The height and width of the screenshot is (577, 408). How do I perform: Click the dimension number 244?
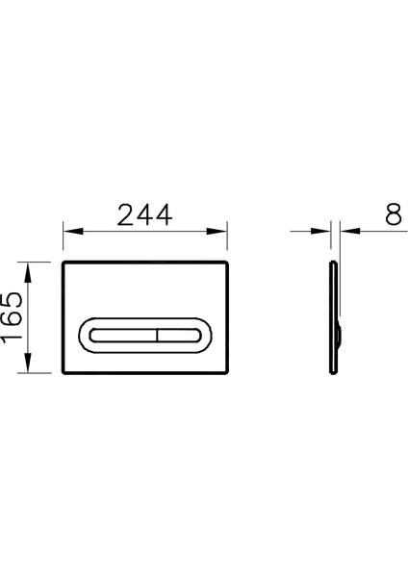point(144,216)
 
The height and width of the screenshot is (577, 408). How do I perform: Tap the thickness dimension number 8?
point(392,216)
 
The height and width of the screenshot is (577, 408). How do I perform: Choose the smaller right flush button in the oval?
point(177,336)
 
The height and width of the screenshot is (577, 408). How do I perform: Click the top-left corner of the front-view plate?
point(64,262)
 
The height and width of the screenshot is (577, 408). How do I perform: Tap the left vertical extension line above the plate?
point(63,240)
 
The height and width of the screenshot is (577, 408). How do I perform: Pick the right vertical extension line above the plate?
point(228,240)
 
